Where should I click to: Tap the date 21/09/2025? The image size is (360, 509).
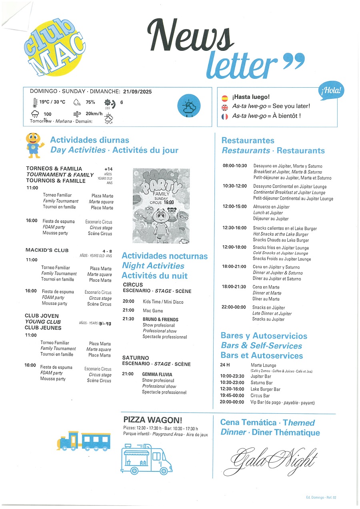pos(138,92)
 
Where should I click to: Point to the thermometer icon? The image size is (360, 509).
pos(35,102)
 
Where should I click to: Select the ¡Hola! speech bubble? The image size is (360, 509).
pos(332,91)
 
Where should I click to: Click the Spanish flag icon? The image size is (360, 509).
pos(225,97)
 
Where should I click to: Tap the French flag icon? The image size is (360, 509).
pos(225,116)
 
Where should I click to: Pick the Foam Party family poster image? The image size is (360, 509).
pos(161,205)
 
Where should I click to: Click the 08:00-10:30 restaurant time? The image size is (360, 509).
pos(235,166)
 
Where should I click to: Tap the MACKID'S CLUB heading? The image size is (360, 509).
pos(47,250)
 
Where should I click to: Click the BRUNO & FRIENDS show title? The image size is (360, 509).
pos(160,319)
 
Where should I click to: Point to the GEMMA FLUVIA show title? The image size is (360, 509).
pos(157,375)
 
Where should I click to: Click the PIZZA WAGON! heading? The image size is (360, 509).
pos(153,420)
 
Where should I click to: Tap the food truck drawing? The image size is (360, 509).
pos(147,459)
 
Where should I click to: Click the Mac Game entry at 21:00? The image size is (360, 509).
pos(153,311)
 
